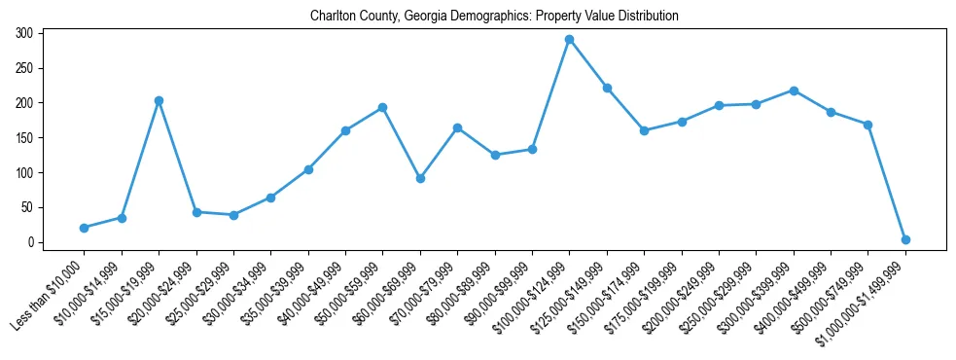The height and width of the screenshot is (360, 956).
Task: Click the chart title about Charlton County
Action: click(494, 17)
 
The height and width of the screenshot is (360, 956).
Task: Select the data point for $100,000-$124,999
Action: click(569, 40)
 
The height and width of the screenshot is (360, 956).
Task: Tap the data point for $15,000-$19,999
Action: click(159, 101)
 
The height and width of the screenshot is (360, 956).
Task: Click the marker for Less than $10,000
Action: click(84, 228)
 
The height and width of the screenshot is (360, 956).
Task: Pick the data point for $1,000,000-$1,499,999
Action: click(905, 239)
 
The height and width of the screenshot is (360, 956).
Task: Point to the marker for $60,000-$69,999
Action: click(420, 178)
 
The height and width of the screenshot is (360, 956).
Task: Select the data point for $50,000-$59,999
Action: click(382, 108)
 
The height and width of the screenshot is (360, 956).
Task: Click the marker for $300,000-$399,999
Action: click(794, 90)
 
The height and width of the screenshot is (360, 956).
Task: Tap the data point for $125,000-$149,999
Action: click(607, 89)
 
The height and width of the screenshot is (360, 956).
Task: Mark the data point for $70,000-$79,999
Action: click(457, 127)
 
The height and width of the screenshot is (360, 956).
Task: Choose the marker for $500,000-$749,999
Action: click(867, 125)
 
